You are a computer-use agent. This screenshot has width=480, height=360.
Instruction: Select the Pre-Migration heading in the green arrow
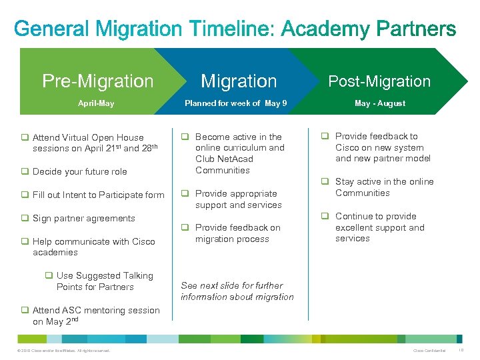(x=97, y=81)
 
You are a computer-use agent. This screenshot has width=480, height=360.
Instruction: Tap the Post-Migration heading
(x=380, y=81)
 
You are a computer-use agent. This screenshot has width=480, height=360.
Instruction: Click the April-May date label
(x=96, y=103)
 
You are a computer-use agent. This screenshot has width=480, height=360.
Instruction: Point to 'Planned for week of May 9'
(x=236, y=103)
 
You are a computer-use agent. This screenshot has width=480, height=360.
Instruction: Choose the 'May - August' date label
(x=380, y=103)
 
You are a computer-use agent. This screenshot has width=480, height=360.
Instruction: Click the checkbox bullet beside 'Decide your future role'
(x=25, y=171)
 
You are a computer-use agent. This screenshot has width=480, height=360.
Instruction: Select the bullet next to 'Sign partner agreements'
(x=25, y=218)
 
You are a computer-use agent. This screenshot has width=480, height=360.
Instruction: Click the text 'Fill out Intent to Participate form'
(x=98, y=195)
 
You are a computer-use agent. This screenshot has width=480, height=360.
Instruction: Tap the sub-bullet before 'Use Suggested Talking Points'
(x=49, y=275)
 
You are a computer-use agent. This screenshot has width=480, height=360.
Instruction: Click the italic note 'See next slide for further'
(x=232, y=285)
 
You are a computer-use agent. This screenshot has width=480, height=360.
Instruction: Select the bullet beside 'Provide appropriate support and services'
(x=187, y=194)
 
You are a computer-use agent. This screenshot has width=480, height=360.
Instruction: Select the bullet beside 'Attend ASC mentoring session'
(x=25, y=310)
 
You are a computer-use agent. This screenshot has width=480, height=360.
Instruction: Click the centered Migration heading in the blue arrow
(x=239, y=81)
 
